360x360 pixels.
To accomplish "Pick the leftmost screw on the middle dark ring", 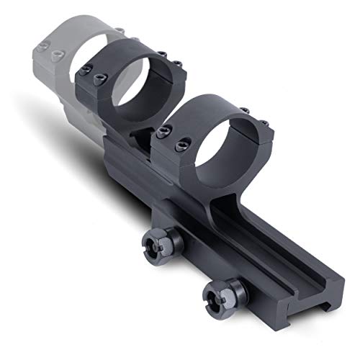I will (x=86, y=70).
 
